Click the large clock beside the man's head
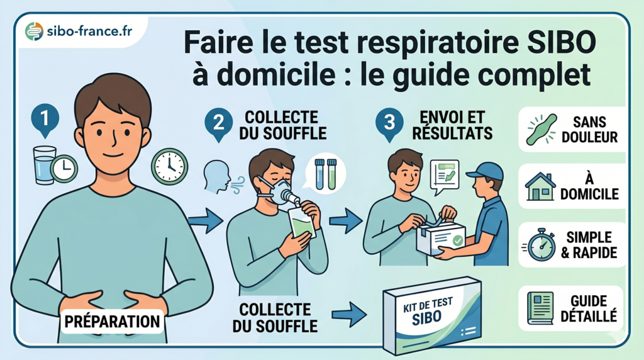click(169, 166)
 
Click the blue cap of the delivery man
click(485, 171)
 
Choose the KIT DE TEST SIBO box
click(433, 313)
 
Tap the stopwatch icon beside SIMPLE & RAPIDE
click(541, 245)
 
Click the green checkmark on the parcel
click(458, 240)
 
